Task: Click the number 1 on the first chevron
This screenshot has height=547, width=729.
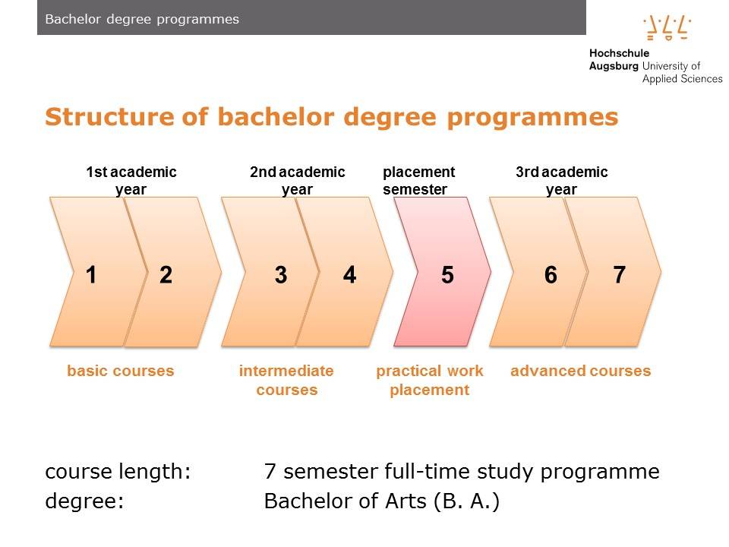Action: point(91,275)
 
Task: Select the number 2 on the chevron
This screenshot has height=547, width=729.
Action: point(166,275)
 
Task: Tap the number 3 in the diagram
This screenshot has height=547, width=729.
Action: point(281,275)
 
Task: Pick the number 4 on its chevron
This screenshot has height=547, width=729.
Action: point(349,275)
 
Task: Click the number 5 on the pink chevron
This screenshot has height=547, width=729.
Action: point(447,275)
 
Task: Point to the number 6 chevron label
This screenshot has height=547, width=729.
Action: point(551,275)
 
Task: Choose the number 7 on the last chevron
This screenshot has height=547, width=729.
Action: point(619,275)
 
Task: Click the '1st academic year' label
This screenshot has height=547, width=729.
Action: point(131,181)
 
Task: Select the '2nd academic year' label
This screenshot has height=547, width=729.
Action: point(297,181)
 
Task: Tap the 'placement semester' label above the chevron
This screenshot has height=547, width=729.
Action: point(418,181)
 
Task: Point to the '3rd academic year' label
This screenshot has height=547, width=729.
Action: point(561,181)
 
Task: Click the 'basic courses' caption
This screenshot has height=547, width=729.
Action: point(120,372)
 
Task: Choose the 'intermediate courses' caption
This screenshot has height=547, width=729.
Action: point(286,381)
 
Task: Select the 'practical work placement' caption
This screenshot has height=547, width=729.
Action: point(430,381)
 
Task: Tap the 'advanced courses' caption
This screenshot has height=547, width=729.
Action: point(580,372)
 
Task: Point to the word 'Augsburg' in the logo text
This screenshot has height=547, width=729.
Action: point(614,67)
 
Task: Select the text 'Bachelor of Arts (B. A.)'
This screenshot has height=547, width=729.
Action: point(381,502)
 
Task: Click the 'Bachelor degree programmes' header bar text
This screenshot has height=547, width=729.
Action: point(142,19)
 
